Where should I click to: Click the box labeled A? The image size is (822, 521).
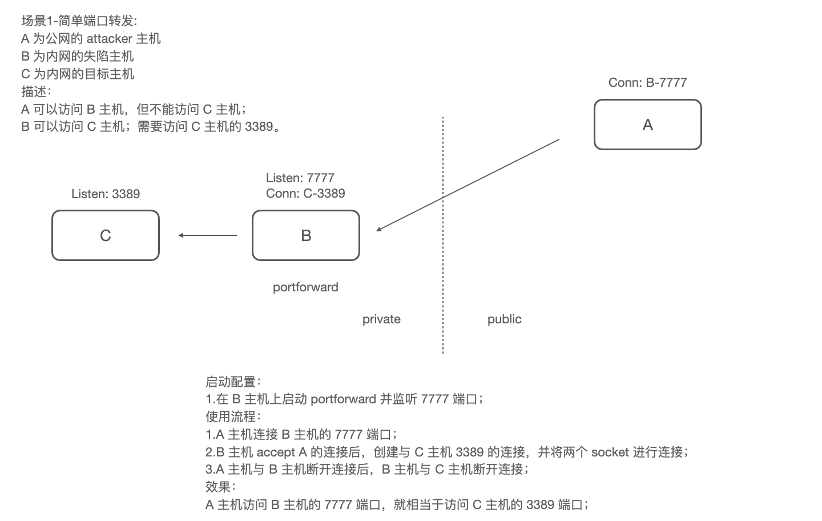[647, 125]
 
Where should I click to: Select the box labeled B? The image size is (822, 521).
[306, 235]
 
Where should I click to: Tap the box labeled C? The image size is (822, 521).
[106, 235]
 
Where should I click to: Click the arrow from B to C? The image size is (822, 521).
[208, 235]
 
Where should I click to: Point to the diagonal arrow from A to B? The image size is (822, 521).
[468, 185]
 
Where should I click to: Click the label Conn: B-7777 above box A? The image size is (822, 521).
[647, 82]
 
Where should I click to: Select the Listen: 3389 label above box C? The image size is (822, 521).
[106, 194]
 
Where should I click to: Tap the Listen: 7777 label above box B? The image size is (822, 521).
[300, 178]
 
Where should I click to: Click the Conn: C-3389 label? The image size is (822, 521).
[305, 193]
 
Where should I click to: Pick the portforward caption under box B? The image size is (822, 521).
[305, 287]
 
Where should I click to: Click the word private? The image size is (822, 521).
[381, 319]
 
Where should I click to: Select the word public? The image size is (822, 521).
[504, 319]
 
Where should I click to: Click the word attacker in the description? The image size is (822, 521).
[109, 38]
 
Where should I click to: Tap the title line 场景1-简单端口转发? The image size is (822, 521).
[79, 21]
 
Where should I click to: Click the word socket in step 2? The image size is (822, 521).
[610, 452]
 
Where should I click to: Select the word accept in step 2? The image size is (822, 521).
[276, 452]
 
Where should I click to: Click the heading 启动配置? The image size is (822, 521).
[231, 382]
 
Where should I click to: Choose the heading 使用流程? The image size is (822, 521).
[231, 416]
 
